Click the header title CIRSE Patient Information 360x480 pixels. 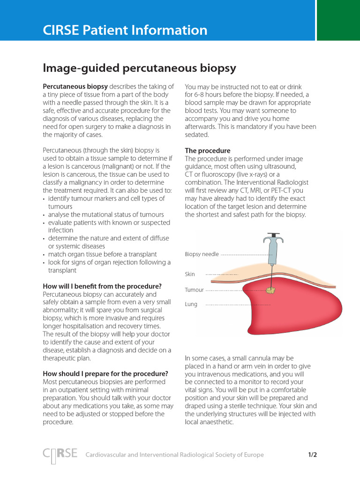[x=125, y=30]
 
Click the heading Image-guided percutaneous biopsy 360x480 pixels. [x=139, y=68]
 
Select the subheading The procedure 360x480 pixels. [x=208, y=150]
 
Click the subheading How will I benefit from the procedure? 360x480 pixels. [x=102, y=286]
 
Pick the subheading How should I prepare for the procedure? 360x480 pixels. [x=105, y=374]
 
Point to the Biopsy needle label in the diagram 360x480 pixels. [x=202, y=254]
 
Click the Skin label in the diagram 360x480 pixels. [x=190, y=274]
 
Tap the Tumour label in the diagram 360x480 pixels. [x=194, y=290]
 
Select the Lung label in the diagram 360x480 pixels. [x=191, y=304]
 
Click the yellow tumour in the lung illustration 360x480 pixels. [x=270, y=291]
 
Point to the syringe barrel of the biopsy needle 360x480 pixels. [x=272, y=251]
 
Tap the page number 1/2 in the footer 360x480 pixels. [x=313, y=455]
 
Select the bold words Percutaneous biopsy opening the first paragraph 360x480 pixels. [x=75, y=87]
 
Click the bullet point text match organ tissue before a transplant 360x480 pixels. [x=102, y=254]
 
